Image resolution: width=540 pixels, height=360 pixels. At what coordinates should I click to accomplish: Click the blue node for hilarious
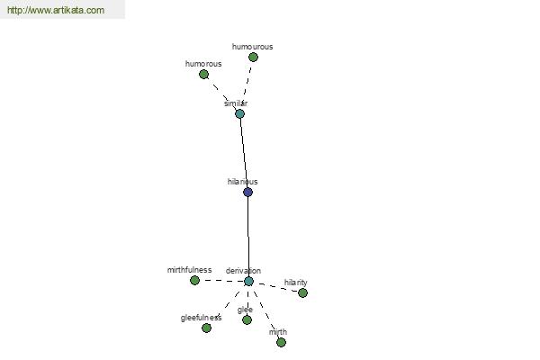248,193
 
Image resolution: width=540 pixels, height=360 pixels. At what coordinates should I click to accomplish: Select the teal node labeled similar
239,113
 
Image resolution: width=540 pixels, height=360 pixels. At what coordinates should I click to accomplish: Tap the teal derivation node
248,281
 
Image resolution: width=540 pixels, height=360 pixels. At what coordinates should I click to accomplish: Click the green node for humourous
253,58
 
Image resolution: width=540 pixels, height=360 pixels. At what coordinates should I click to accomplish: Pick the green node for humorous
204,74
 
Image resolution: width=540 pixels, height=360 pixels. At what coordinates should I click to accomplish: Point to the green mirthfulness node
194,281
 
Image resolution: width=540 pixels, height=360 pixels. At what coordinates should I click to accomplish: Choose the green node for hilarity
302,292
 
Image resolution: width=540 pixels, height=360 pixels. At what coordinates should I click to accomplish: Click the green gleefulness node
206,328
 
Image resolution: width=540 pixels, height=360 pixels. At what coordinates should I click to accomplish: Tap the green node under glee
247,320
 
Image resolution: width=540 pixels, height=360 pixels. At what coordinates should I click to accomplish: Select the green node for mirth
281,342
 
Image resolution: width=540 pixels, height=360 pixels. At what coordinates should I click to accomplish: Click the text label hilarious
242,182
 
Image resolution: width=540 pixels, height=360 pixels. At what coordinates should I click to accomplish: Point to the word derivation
243,271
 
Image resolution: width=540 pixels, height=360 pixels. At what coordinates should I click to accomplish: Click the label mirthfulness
189,270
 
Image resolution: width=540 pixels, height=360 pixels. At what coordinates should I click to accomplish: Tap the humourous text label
252,47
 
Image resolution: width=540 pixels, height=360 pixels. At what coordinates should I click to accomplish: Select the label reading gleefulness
201,318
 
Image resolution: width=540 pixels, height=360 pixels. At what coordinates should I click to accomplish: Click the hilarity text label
295,283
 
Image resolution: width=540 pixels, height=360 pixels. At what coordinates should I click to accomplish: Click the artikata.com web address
56,10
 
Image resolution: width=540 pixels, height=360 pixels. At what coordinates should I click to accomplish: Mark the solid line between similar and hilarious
244,153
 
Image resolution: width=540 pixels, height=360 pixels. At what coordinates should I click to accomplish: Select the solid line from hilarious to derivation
248,237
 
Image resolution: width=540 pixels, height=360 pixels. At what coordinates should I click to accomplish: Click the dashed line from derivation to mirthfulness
221,281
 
